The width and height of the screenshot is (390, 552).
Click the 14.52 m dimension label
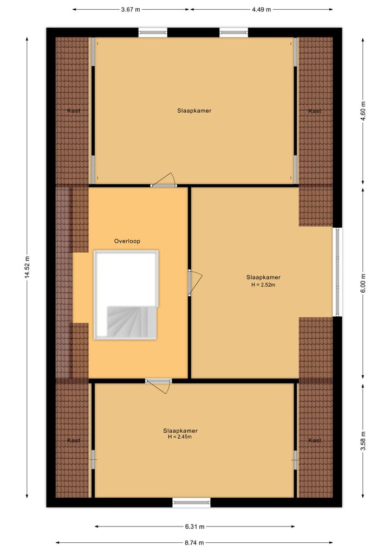pyautogui.click(x=27, y=267)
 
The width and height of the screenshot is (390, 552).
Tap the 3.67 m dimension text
pyautogui.click(x=131, y=9)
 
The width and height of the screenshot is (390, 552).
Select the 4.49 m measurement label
pyautogui.click(x=261, y=9)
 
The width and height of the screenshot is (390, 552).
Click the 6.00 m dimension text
pyautogui.click(x=363, y=282)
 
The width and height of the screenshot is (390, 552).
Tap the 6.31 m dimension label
pyautogui.click(x=195, y=526)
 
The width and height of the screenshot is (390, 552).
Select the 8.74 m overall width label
pyautogui.click(x=195, y=542)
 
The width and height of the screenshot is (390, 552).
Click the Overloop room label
pyautogui.click(x=127, y=241)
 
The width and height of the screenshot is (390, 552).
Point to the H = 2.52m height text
pyautogui.click(x=263, y=284)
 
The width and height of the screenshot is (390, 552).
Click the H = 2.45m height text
pyautogui.click(x=180, y=437)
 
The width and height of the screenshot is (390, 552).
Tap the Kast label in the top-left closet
pyautogui.click(x=74, y=111)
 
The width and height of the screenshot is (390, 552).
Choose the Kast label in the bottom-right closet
pyautogui.click(x=315, y=440)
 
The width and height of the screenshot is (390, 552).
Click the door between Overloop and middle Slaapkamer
pyautogui.click(x=193, y=283)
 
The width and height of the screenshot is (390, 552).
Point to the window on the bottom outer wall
pyautogui.click(x=191, y=503)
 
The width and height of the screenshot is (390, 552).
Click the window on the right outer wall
pyautogui.click(x=337, y=272)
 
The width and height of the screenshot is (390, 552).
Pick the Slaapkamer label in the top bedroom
pyautogui.click(x=194, y=111)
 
